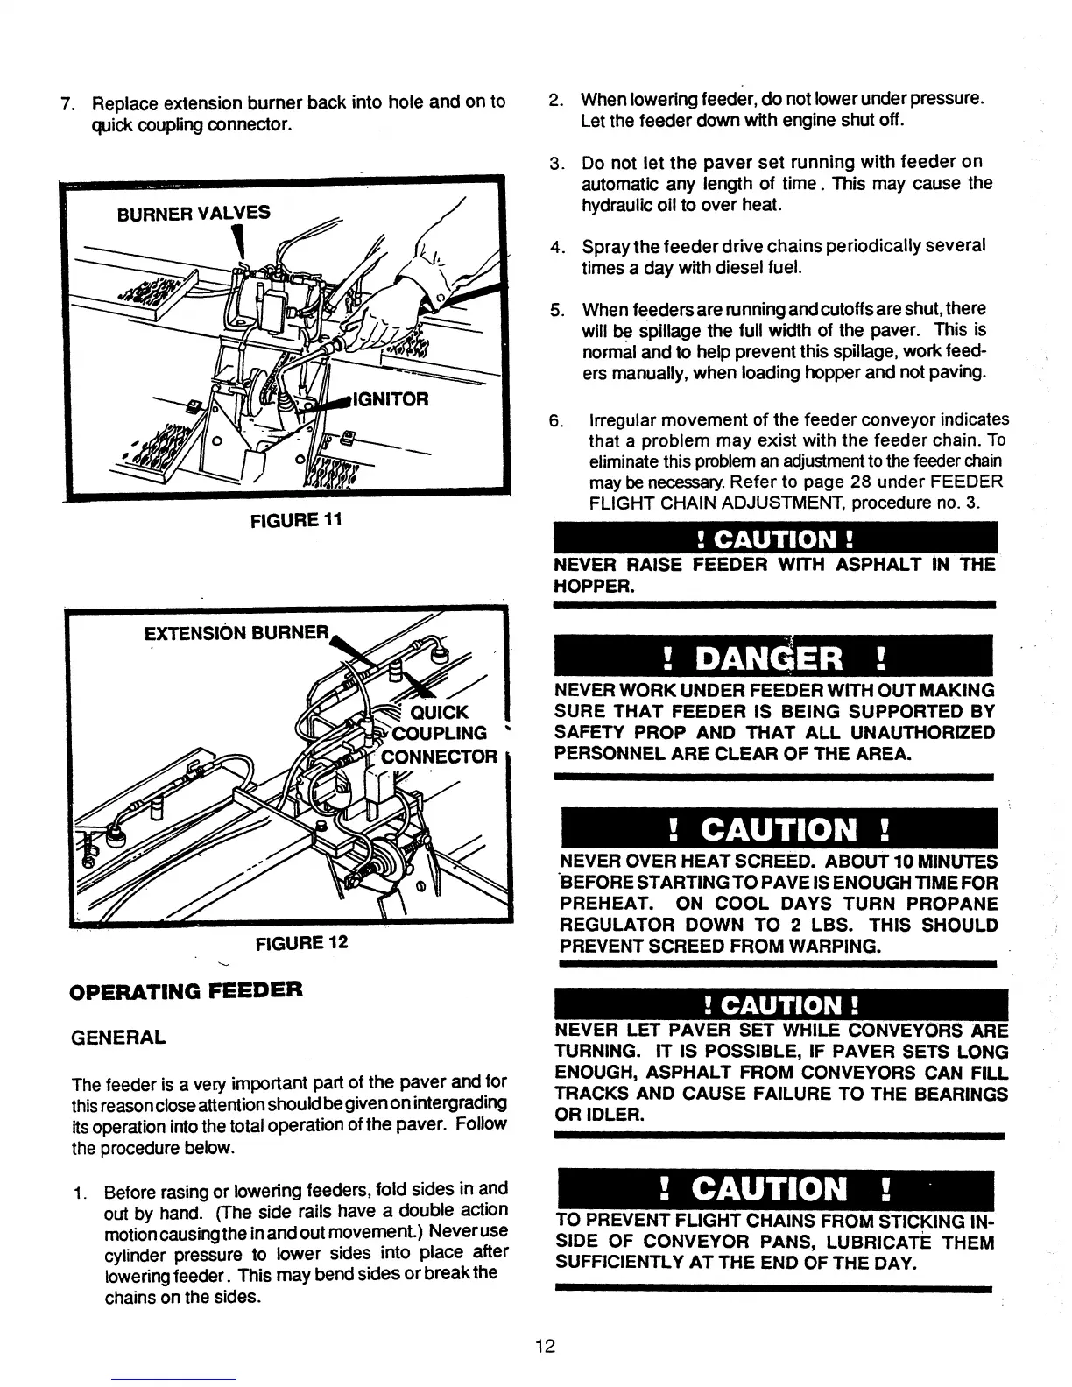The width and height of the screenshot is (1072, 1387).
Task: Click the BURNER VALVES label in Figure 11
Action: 194,213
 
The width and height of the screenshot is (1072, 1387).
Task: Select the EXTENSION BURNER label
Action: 237,632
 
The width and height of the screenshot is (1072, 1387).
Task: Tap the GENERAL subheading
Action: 118,1038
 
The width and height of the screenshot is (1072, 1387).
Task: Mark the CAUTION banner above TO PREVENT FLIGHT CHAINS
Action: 774,1189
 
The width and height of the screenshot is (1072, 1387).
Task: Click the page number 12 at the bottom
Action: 545,1346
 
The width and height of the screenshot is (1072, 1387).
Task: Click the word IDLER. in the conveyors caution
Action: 600,1116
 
